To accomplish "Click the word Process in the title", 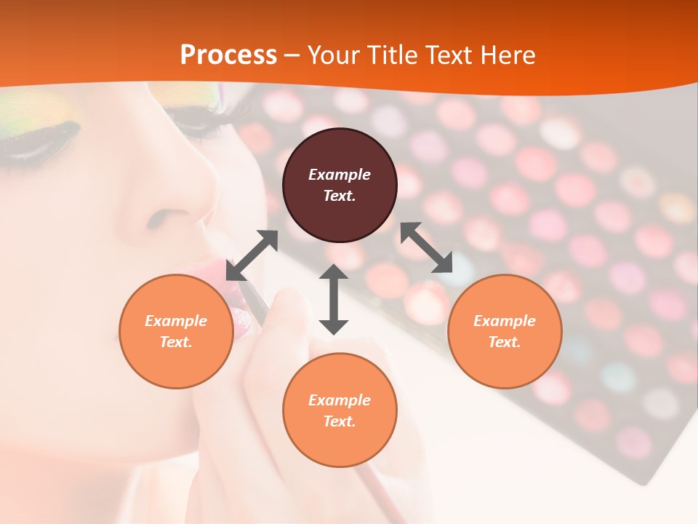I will [x=228, y=55].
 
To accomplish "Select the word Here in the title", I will [x=506, y=55].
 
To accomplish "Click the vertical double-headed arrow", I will [x=334, y=299].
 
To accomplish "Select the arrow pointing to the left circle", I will [x=252, y=255].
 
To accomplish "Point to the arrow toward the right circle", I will [x=427, y=247].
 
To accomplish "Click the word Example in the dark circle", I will [x=340, y=175].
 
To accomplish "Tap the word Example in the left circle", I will [x=176, y=321].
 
